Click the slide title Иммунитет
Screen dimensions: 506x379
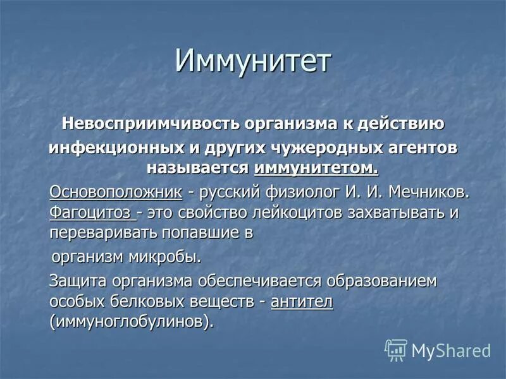(x=253, y=63)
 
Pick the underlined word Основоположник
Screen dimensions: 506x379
(x=116, y=191)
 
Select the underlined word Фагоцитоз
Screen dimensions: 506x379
(x=93, y=212)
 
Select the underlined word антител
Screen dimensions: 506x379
(x=302, y=301)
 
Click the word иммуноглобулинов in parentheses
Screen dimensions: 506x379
(x=130, y=322)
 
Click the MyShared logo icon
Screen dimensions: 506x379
(x=396, y=349)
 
